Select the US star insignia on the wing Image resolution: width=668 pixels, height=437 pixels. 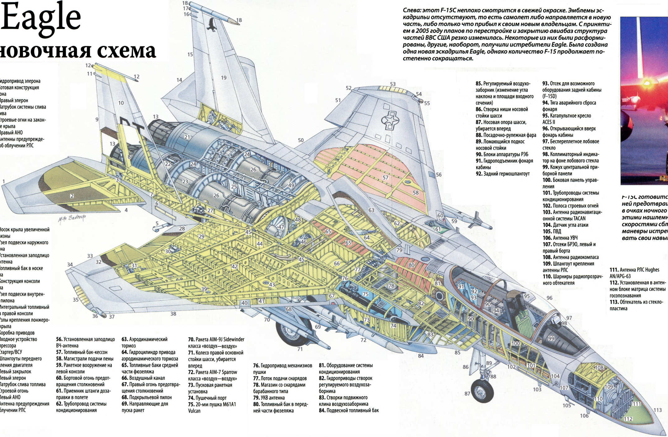coord(390,120)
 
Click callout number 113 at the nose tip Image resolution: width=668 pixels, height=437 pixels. coord(657,410)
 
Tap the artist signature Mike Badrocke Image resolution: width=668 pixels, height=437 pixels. coord(72,218)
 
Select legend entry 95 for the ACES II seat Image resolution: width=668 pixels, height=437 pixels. coord(567,119)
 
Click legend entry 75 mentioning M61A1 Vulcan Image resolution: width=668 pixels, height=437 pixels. coord(212,407)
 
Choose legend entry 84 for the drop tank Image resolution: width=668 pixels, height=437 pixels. coord(349,411)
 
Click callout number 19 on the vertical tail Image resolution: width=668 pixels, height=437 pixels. coord(223,78)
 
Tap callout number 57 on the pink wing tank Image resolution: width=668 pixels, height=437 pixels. coord(385,177)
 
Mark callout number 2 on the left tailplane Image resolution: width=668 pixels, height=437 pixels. coord(72,196)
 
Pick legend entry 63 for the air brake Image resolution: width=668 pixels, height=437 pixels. coord(144,342)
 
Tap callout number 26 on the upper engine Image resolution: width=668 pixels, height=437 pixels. coord(253,170)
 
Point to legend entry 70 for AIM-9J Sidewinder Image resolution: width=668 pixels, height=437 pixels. coord(216,343)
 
